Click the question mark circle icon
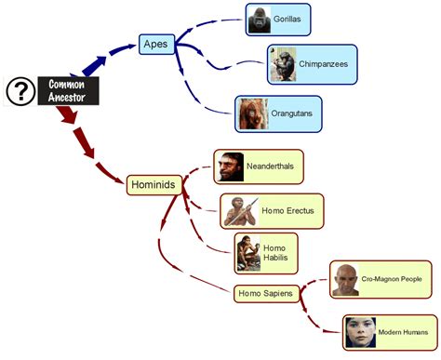pyautogui.click(x=20, y=91)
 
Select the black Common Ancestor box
pyautogui.click(x=66, y=90)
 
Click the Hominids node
pyautogui.click(x=152, y=185)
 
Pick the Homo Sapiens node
pyautogui.click(x=265, y=294)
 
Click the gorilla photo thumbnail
pyautogui.click(x=261, y=20)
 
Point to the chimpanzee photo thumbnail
pyautogui.click(x=283, y=65)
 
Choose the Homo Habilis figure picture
pyautogui.click(x=247, y=253)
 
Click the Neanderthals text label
pyautogui.click(x=272, y=167)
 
